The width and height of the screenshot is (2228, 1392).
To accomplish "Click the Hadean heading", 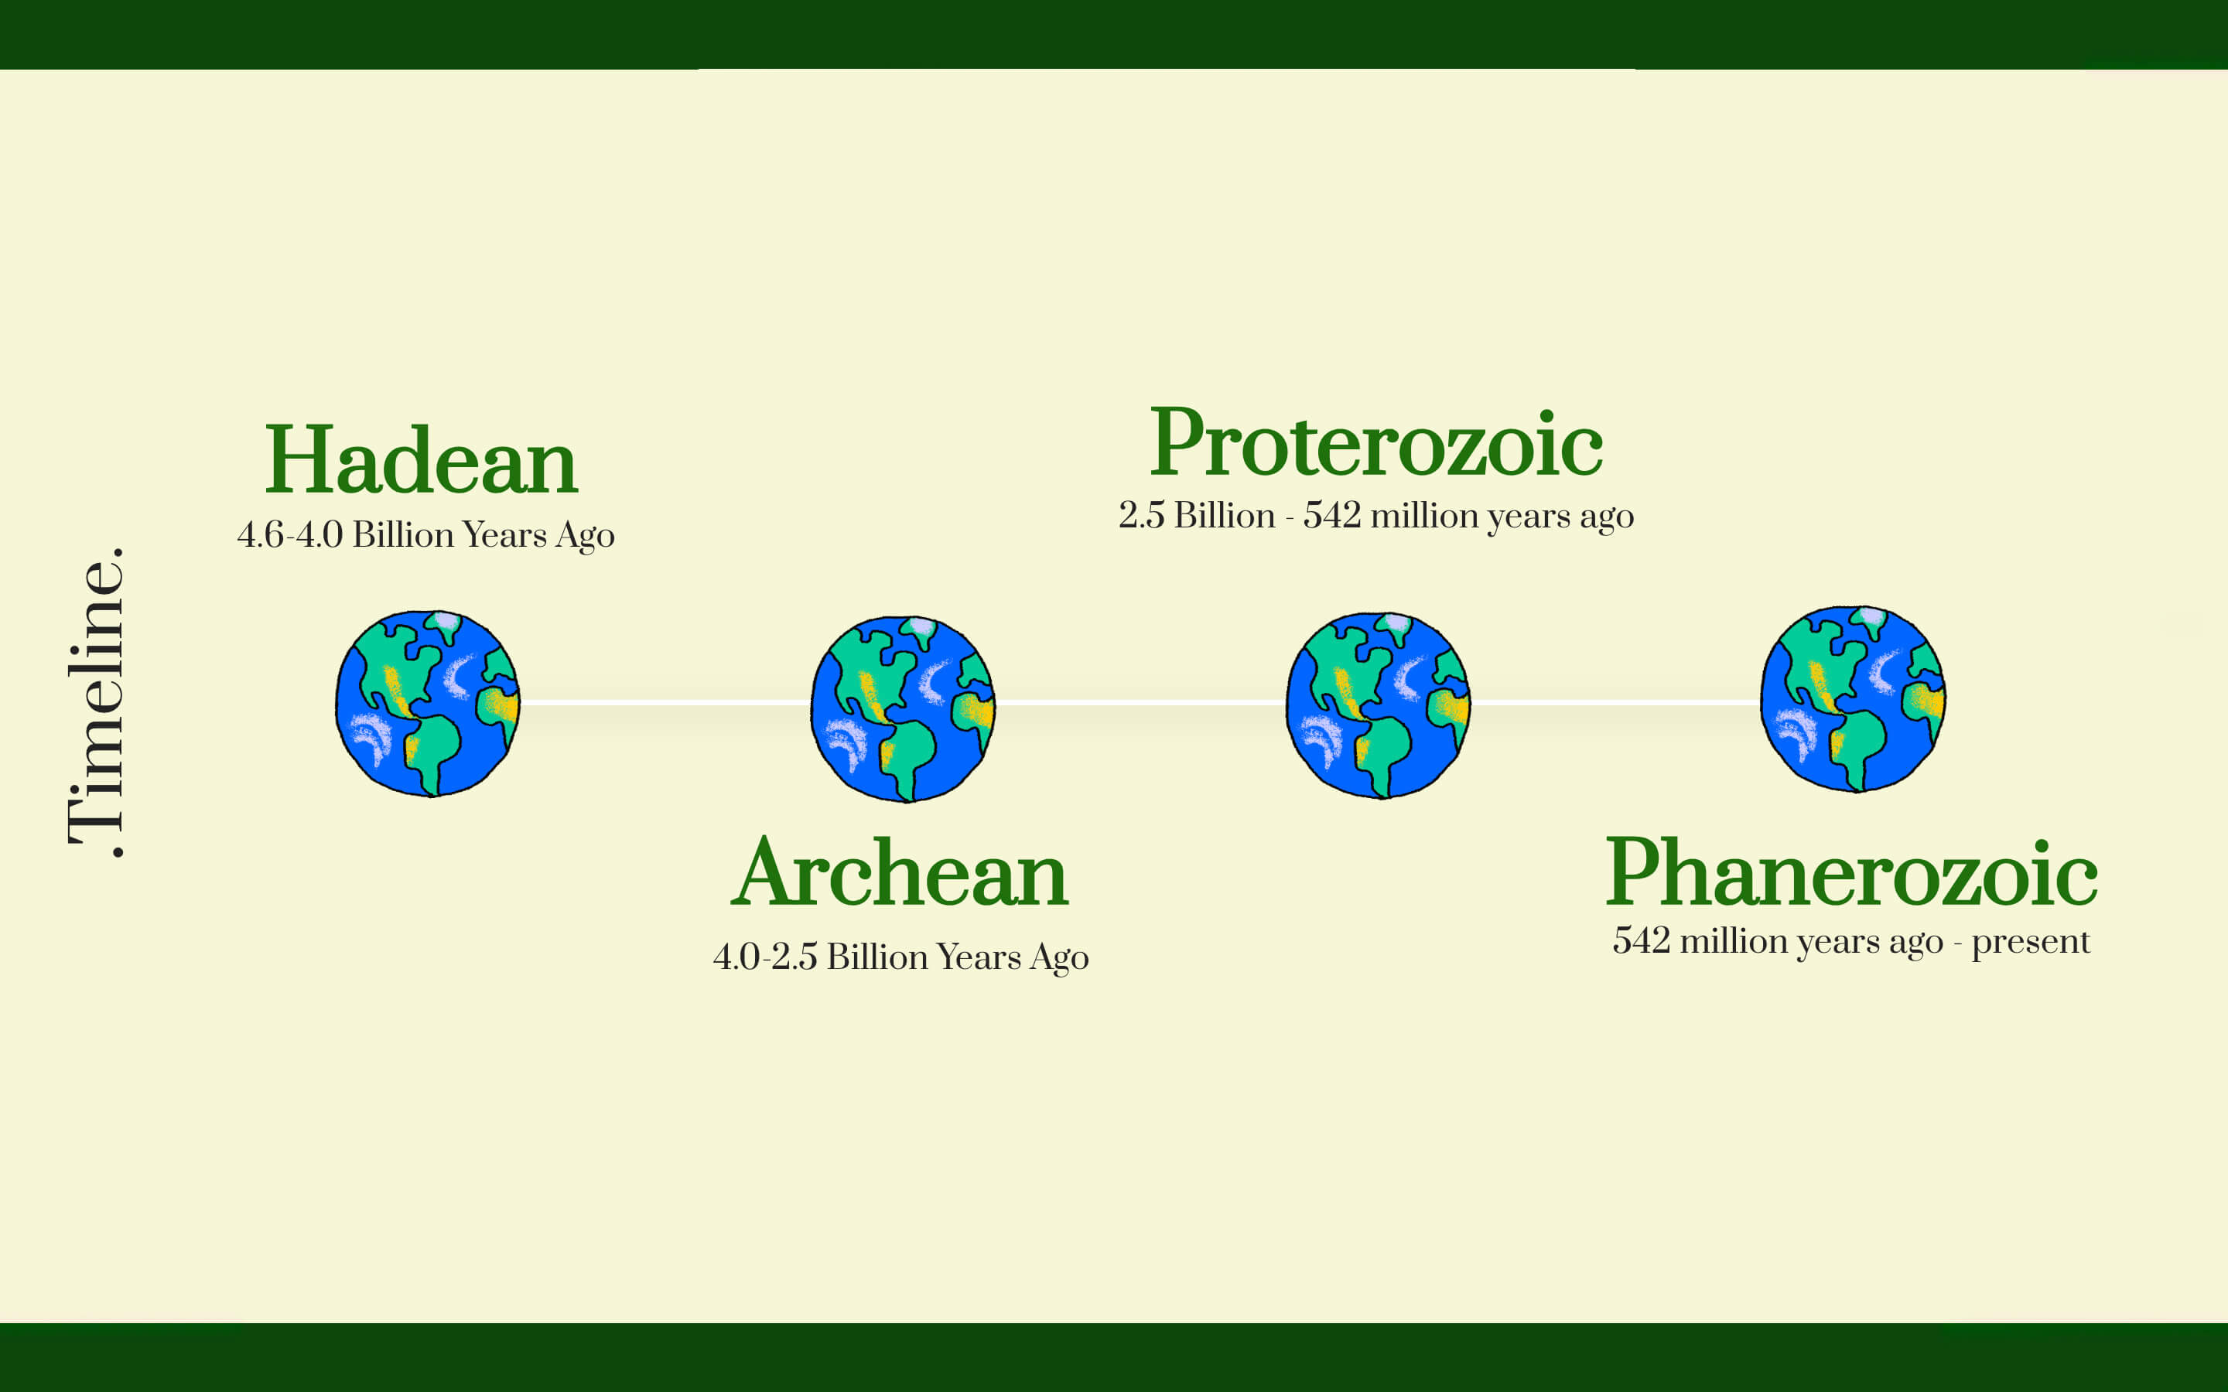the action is click(x=421, y=459).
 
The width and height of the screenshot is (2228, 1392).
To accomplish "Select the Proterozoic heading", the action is click(x=1376, y=443).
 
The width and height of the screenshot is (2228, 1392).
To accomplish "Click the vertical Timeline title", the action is click(x=96, y=701).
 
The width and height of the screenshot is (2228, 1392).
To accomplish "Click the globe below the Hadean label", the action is click(x=427, y=704).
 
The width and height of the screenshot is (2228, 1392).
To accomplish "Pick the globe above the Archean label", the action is click(x=902, y=709).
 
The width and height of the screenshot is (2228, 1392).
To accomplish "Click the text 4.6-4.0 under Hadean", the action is click(x=290, y=535).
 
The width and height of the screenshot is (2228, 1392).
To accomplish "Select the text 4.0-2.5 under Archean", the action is click(x=765, y=957).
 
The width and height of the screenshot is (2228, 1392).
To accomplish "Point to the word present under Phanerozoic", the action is click(x=2030, y=942).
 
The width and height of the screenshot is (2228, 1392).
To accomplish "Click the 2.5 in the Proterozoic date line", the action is click(x=1142, y=516).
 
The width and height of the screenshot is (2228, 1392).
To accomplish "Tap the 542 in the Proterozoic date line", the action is click(x=1331, y=516).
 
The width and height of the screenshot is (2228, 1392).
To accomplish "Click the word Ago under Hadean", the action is click(x=585, y=537).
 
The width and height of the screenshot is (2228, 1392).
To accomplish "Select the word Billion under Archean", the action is click(x=877, y=957).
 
